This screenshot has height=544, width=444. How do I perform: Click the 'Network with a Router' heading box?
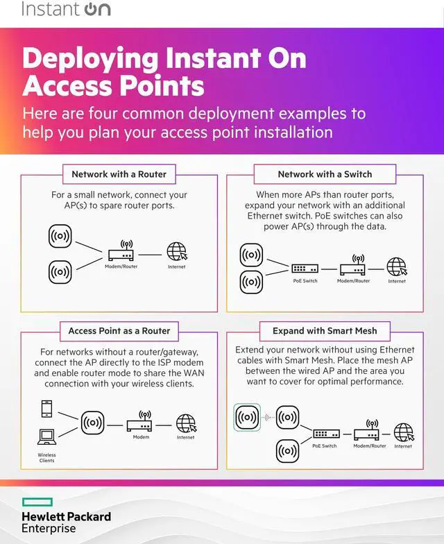[119, 174]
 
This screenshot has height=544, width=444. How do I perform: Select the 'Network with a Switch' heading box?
[325, 174]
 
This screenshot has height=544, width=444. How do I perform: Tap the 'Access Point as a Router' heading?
[119, 330]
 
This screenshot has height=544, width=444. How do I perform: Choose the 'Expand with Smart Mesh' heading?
[325, 330]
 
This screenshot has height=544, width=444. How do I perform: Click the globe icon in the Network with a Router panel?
[176, 252]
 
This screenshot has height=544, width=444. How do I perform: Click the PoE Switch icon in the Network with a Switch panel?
[305, 268]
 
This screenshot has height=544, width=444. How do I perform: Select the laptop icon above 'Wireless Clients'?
[47, 437]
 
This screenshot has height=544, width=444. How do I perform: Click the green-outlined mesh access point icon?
[247, 417]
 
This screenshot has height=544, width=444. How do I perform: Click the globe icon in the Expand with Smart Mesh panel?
[403, 432]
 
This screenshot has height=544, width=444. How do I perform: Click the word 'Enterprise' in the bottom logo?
[49, 528]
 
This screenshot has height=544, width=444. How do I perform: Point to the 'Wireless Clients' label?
[46, 458]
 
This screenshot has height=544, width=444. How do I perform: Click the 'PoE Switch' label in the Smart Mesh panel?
[324, 446]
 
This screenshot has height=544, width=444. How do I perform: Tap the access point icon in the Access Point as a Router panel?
[92, 422]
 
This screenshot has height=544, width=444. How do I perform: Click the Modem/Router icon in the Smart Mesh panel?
[370, 432]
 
